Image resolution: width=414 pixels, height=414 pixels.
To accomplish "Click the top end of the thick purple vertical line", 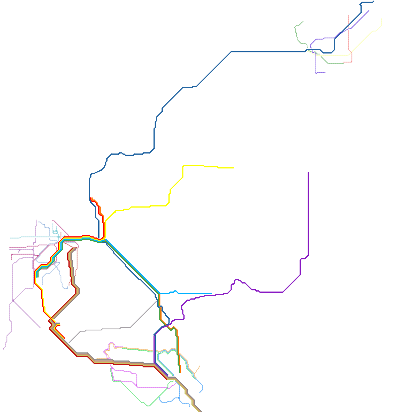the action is [x=308, y=172].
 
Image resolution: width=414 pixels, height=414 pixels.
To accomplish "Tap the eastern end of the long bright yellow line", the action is [x=234, y=168].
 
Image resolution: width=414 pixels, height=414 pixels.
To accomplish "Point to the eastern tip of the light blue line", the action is [x=212, y=293].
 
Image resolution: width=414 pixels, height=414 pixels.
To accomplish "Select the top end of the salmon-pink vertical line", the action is [x=349, y=15].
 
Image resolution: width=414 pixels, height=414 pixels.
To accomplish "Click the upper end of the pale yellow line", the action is [x=382, y=19].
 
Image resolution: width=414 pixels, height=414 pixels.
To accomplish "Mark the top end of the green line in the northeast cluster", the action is [x=303, y=22].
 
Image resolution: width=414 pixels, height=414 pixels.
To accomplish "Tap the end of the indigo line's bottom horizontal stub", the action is [x=325, y=72].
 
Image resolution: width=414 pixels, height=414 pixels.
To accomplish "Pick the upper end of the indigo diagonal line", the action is [x=369, y=10].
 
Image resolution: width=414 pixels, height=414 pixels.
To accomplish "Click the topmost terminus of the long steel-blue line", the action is [x=374, y=1].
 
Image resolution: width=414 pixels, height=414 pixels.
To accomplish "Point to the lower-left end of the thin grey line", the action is [x=69, y=343].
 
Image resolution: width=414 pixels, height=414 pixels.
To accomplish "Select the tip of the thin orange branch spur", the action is [x=200, y=366].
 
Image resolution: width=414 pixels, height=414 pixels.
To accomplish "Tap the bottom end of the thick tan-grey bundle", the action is [x=201, y=412].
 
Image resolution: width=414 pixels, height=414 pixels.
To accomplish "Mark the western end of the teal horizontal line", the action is [x=11, y=238].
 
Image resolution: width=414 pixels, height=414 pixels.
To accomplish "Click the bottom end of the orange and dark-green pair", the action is [x=180, y=373].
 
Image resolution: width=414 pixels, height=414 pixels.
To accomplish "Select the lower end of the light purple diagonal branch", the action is [x=40, y=328].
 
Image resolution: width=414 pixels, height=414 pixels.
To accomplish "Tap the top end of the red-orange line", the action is [x=91, y=198].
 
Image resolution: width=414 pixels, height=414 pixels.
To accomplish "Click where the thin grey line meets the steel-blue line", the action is [x=157, y=301].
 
